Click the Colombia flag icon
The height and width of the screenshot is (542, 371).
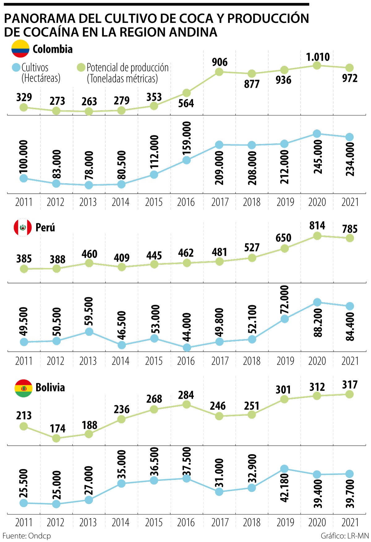point(20,49)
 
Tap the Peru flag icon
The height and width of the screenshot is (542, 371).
point(23,227)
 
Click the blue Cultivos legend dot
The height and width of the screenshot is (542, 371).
point(15,68)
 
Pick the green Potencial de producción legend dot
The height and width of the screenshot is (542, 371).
point(81,68)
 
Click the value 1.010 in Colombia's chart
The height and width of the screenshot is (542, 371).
point(318,57)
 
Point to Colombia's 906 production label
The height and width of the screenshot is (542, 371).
point(220,62)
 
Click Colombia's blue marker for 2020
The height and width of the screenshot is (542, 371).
point(317,133)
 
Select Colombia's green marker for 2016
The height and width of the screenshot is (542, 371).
point(186,93)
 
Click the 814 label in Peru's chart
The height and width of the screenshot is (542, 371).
point(317,226)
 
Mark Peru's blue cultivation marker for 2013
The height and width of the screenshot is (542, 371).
point(89,332)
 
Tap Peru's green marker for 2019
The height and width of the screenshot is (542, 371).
point(284,248)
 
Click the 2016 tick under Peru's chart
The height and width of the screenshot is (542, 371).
point(186,361)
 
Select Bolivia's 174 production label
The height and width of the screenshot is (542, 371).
point(58,429)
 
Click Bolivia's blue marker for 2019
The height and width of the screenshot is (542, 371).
point(284,469)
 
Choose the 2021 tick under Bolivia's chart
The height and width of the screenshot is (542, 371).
point(350,523)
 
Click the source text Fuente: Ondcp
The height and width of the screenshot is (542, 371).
point(27,536)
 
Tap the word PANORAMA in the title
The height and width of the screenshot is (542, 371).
point(39,19)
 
